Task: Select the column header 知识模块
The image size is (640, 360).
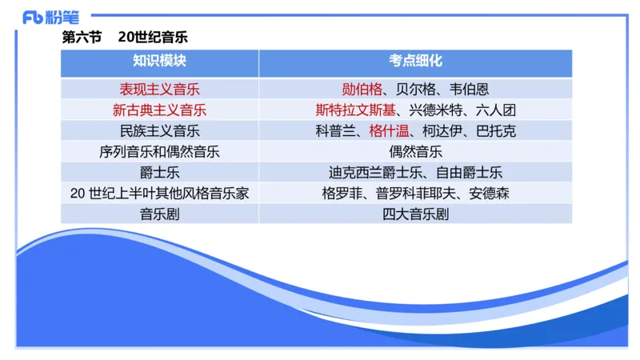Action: pos(159,62)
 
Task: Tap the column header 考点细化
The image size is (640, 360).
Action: pos(415,62)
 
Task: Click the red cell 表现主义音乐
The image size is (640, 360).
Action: pos(159,89)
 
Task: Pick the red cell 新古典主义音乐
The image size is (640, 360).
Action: pos(159,110)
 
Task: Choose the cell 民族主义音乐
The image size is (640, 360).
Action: pos(159,130)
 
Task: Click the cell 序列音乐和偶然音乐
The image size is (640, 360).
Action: pos(159,151)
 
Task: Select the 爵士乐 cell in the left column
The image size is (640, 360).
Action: pos(159,172)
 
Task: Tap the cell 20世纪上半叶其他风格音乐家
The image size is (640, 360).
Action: pos(159,193)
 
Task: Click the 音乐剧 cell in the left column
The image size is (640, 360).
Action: pos(159,214)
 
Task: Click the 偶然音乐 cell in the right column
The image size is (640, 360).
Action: pos(415,151)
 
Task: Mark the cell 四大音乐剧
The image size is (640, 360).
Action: pos(415,214)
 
